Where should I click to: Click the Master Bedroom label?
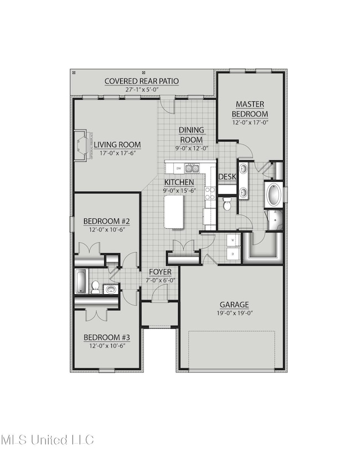[x=250, y=109]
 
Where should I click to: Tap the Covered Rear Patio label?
[x=142, y=81]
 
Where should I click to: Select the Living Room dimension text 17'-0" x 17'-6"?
[x=117, y=153]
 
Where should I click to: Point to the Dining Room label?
[x=191, y=135]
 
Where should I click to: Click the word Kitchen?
[x=178, y=182]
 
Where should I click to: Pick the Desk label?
[x=227, y=177]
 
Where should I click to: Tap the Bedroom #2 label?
[x=106, y=222]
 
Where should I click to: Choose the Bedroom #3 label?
[x=106, y=337]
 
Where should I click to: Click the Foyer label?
[x=160, y=273]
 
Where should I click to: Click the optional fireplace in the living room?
[x=82, y=145]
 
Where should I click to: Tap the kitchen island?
[x=174, y=211]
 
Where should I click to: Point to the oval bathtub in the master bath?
[x=274, y=194]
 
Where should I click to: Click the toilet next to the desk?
[x=227, y=204]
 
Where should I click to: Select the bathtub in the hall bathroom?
[x=81, y=281]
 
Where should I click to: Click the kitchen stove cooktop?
[x=210, y=193]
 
